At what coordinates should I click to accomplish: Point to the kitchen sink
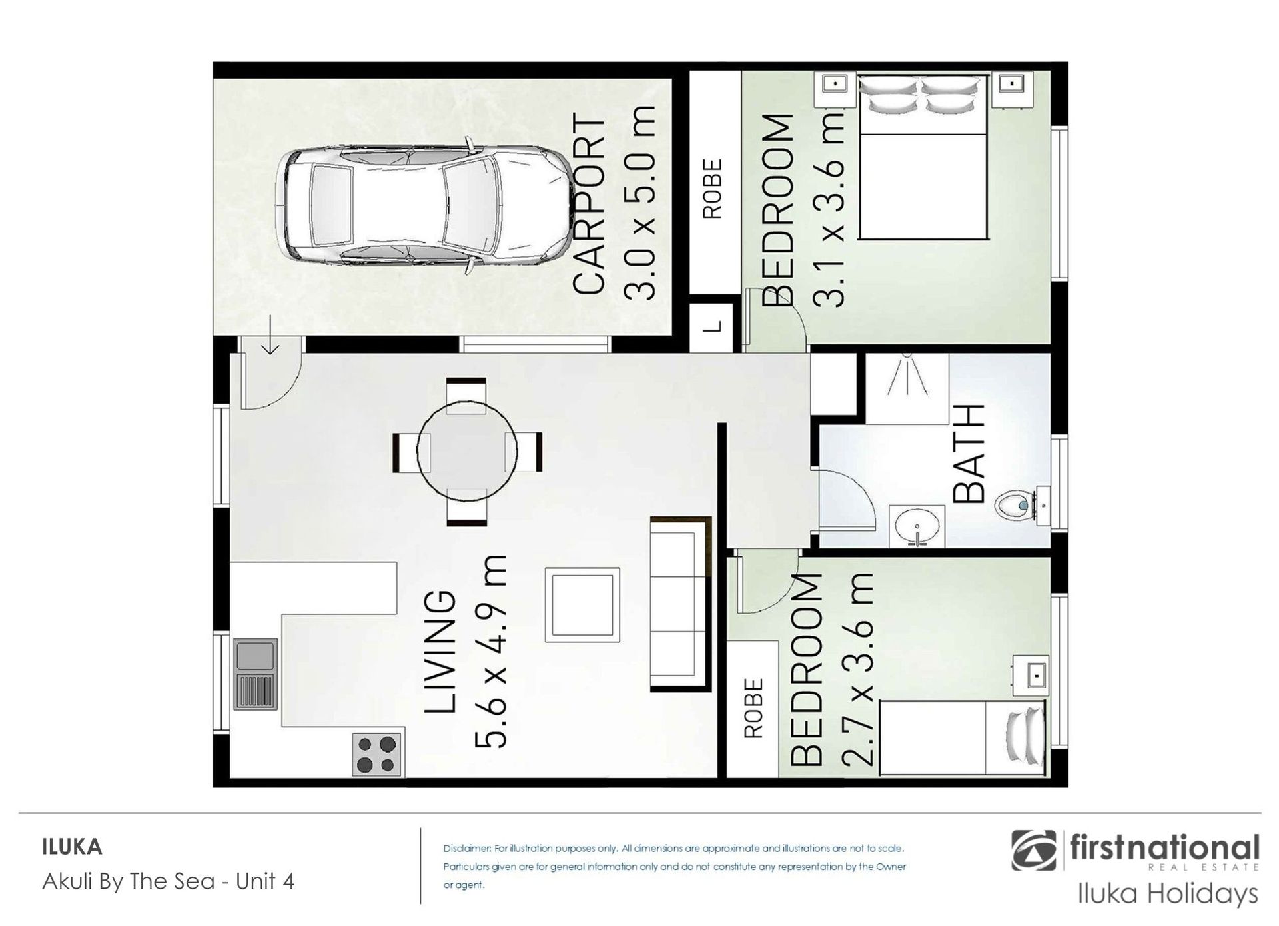pyautogui.click(x=254, y=675)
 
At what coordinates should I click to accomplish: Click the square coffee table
pyautogui.click(x=582, y=605)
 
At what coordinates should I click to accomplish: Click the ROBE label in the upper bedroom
pyautogui.click(x=712, y=188)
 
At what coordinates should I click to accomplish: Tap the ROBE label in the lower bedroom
pyautogui.click(x=753, y=708)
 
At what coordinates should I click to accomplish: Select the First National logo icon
pyautogui.click(x=1033, y=850)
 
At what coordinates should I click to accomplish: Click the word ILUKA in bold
pyautogui.click(x=72, y=847)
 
